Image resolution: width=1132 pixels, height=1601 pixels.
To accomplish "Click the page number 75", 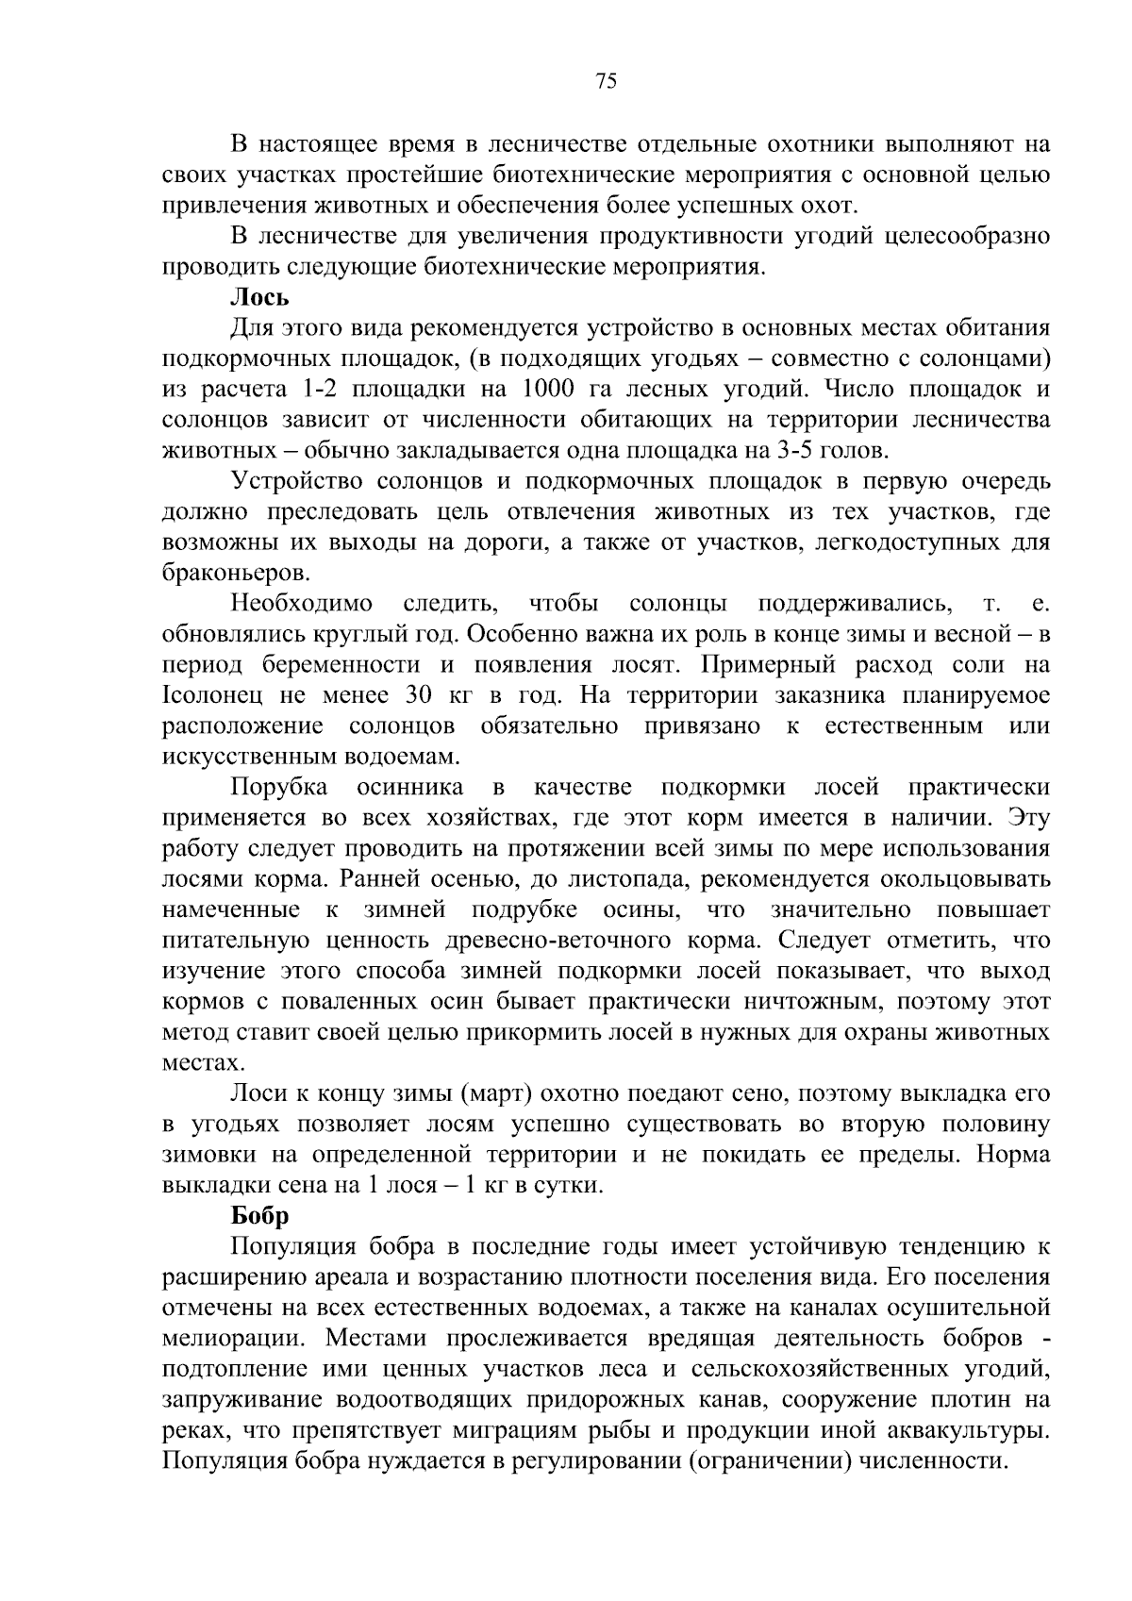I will [x=607, y=82].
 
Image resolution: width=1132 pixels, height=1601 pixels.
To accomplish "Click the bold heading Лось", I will [x=259, y=298].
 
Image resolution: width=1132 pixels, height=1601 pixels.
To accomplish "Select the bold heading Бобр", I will [x=259, y=1216].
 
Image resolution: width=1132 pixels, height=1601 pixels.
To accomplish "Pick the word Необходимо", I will [x=303, y=604].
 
